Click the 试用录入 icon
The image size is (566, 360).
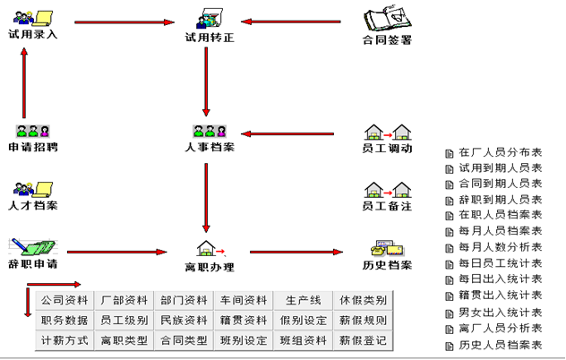[33, 15]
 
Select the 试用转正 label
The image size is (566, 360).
[209, 39]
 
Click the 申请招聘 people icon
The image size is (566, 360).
[33, 131]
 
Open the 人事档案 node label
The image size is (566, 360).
[210, 148]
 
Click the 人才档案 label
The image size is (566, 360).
[33, 206]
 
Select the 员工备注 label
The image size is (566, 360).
[387, 206]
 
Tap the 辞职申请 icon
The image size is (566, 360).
[33, 245]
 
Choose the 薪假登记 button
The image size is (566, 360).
[363, 340]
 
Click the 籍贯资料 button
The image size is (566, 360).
[244, 320]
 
